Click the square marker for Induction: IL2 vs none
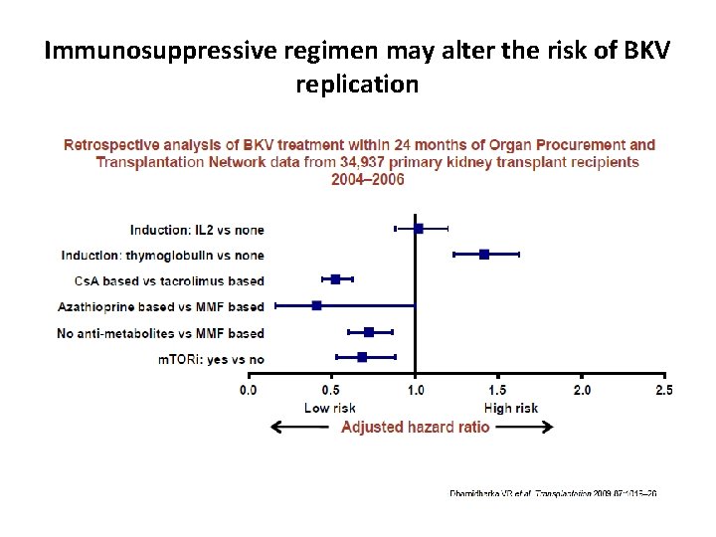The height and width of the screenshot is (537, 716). [x=419, y=229]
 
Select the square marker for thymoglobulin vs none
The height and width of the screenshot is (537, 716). [x=484, y=255]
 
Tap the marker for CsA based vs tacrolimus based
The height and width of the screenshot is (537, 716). [x=335, y=279]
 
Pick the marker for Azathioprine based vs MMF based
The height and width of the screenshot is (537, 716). [x=316, y=305]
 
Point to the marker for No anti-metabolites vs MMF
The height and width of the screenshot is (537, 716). [x=369, y=331]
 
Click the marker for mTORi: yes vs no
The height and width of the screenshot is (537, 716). [x=362, y=356]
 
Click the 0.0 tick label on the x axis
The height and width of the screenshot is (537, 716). [x=248, y=390]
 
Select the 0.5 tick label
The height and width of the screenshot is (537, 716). [x=331, y=390]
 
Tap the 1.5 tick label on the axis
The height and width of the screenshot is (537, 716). [x=498, y=390]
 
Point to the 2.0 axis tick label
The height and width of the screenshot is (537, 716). [x=582, y=390]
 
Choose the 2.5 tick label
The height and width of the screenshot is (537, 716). [x=662, y=390]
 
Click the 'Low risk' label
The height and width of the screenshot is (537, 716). [x=330, y=408]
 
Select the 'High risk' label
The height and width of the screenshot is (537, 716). [x=510, y=408]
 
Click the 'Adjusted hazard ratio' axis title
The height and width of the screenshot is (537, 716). [x=415, y=427]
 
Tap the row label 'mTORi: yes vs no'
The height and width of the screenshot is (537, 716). [x=210, y=358]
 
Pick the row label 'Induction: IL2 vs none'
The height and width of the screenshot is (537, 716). [x=197, y=230]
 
